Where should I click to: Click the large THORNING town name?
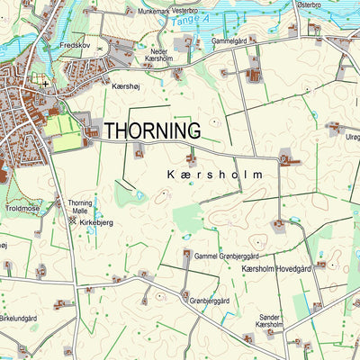152,130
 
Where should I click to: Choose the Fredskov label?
76,44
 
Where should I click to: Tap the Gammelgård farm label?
230,40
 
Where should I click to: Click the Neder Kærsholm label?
159,56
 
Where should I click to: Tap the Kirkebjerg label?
94,221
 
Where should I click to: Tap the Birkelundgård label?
24,318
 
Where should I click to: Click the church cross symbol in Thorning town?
45,83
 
